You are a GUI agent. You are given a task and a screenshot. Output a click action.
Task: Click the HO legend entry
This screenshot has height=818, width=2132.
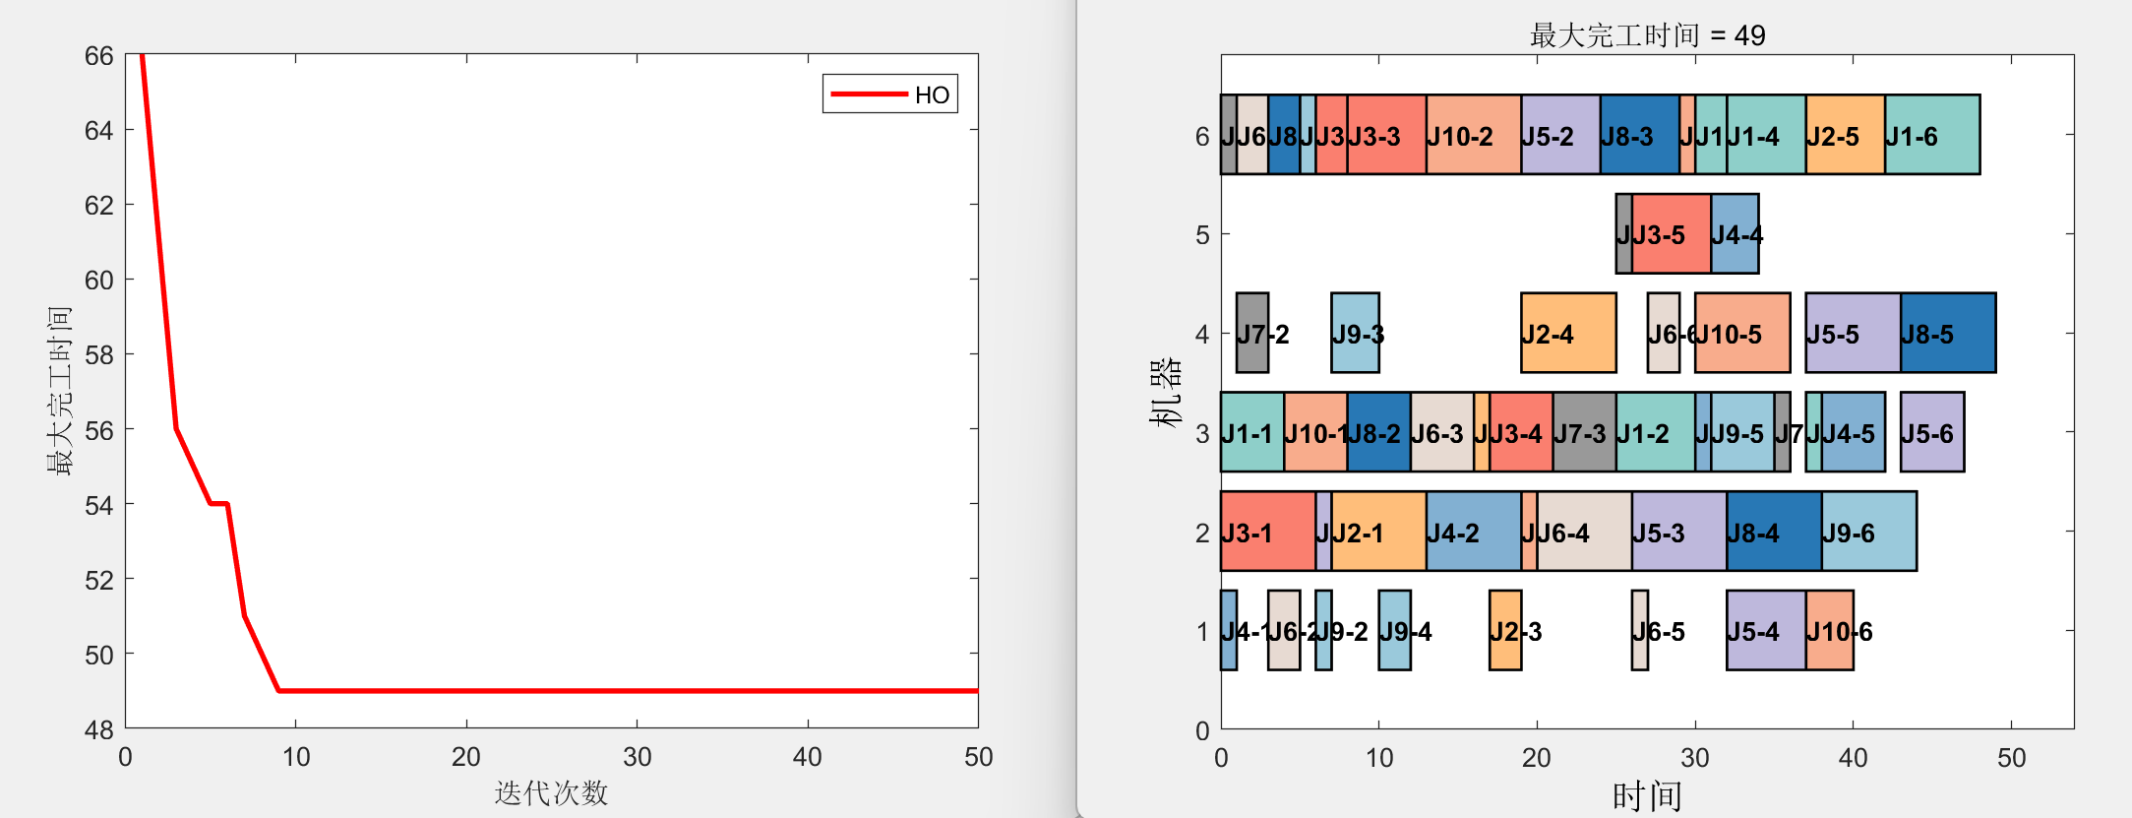[x=890, y=94]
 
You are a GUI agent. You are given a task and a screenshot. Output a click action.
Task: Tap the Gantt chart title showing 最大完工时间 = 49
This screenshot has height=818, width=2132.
[x=1647, y=35]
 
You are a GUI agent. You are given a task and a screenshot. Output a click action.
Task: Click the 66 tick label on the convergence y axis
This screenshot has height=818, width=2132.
[x=99, y=56]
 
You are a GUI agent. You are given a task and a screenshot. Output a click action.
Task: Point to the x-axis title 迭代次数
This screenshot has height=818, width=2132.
[x=551, y=792]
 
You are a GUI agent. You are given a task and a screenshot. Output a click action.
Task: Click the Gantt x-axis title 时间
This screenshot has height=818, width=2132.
[x=1647, y=795]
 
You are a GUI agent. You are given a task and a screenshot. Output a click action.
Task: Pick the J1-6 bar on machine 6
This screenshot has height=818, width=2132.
[x=1932, y=135]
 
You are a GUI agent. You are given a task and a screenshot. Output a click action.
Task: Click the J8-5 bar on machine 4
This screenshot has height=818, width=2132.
[x=1948, y=333]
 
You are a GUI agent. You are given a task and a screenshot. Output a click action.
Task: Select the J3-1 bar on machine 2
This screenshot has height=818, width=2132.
[x=1267, y=531]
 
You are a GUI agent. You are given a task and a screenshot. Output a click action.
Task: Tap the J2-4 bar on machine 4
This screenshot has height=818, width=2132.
[x=1568, y=333]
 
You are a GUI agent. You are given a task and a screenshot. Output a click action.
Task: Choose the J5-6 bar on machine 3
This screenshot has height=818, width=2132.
[x=1932, y=432]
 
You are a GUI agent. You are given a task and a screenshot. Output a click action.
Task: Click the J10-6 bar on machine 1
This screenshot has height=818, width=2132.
[x=1830, y=630]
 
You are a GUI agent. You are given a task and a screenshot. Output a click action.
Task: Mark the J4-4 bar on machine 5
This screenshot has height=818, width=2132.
[x=1735, y=234]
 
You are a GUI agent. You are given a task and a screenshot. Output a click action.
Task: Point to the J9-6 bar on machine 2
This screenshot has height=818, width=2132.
[x=1868, y=531]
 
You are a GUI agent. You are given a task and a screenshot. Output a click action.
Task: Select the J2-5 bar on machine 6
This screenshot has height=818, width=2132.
[x=1845, y=135]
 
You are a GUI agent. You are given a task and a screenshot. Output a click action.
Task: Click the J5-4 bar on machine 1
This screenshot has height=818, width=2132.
[x=1766, y=630]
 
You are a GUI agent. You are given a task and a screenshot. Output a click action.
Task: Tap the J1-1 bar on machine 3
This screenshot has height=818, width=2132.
[x=1251, y=432]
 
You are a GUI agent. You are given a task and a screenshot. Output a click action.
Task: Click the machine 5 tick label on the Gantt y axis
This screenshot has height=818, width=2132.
[x=1202, y=235]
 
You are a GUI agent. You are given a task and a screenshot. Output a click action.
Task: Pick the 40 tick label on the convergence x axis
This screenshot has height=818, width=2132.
[x=808, y=757]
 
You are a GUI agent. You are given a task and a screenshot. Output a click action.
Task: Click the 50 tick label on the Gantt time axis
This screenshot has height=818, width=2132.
[x=2011, y=758]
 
